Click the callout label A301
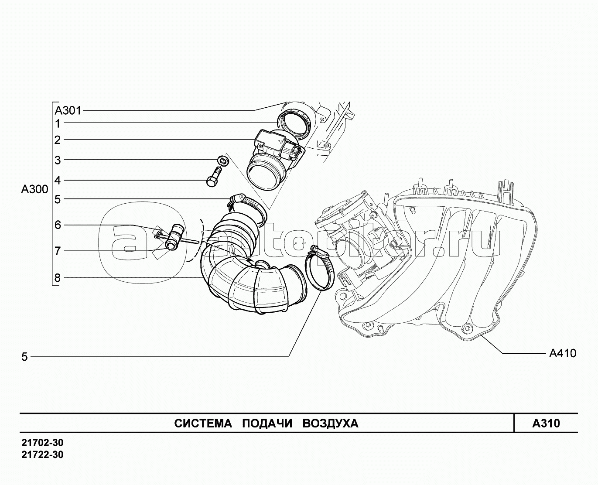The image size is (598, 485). (x=68, y=110)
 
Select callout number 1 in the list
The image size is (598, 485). (x=57, y=124)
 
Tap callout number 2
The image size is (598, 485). (x=57, y=140)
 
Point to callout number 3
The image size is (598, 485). (x=57, y=160)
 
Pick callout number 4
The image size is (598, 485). (x=57, y=180)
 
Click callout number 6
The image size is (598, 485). (x=57, y=225)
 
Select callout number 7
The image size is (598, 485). (x=57, y=251)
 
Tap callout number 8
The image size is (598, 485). (x=57, y=278)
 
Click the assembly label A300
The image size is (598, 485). (x=34, y=190)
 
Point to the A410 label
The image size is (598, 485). (x=562, y=353)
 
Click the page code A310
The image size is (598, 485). (x=546, y=423)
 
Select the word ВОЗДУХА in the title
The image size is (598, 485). (x=330, y=424)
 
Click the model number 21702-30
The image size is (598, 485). (x=42, y=443)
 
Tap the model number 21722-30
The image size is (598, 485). (x=42, y=455)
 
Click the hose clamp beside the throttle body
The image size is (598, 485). (x=321, y=272)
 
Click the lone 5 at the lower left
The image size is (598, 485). (x=24, y=357)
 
